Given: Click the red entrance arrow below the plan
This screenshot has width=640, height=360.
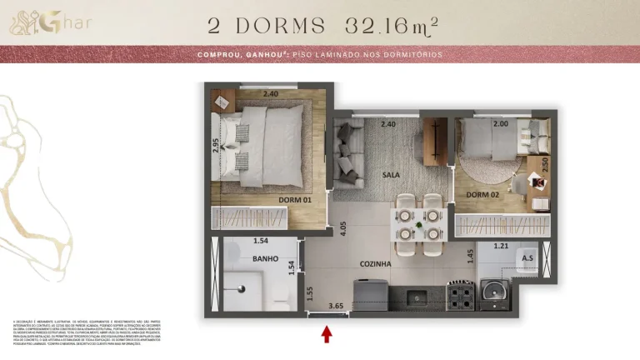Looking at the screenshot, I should tap(327, 334).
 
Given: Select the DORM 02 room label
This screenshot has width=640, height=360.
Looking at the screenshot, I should tap(482, 195).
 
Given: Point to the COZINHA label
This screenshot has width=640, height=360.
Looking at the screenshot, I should tap(375, 264).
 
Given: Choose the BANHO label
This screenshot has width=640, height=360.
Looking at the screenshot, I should tap(265, 258).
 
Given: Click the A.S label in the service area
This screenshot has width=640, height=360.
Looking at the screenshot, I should tap(527, 258).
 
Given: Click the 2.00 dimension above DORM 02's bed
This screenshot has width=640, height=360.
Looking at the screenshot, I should tap(501, 124).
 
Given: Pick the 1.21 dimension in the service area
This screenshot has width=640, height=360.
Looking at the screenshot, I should tap(501, 246).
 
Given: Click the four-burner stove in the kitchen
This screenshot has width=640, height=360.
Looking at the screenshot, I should tap(459, 293).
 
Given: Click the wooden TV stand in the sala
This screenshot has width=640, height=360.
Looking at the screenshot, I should tap(435, 141).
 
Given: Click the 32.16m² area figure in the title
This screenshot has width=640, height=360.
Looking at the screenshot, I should tap(381, 26).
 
